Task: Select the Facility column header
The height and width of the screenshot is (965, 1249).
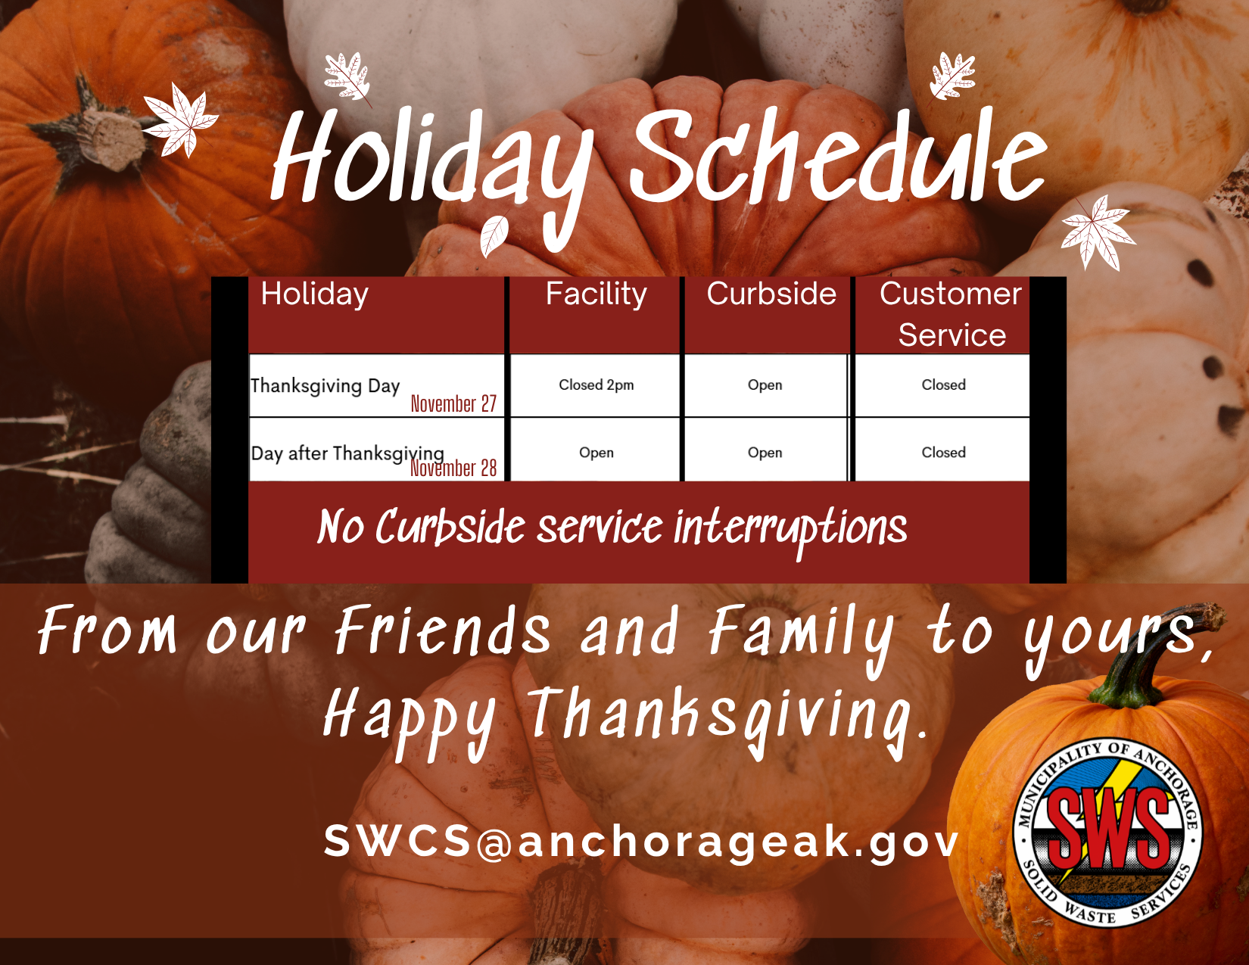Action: tap(596, 294)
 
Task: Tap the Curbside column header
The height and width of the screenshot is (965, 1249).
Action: tap(771, 294)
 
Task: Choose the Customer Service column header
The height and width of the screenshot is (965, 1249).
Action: tap(951, 314)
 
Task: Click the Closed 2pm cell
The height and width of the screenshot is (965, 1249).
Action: tap(596, 385)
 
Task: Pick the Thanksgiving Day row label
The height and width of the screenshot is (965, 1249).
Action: tap(325, 386)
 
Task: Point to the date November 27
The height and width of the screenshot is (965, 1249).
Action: tap(453, 404)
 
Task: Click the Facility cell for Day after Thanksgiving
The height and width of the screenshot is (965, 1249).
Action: tap(596, 453)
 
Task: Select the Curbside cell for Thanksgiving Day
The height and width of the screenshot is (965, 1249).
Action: tap(765, 385)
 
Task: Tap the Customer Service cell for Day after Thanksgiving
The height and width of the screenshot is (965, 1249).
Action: tap(943, 453)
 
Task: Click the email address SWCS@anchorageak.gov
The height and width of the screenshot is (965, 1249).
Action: tap(641, 841)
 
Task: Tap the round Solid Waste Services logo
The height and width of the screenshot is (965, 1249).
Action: tap(1107, 831)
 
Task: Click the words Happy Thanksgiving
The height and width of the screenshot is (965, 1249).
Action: tap(624, 715)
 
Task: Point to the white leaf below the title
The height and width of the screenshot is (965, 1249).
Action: tap(494, 235)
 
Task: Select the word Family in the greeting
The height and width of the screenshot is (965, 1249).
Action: tap(801, 632)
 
